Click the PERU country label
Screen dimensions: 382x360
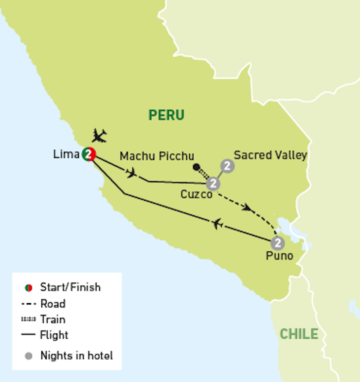coord(167,115)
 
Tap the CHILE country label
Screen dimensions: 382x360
coord(299,334)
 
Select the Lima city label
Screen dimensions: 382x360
coord(67,155)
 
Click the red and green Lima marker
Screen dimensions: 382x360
coord(89,155)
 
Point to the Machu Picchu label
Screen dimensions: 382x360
coord(157,156)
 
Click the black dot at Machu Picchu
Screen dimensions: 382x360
coord(196,168)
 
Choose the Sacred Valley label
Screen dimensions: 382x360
coord(270,155)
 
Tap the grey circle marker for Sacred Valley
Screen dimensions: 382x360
coord(227,166)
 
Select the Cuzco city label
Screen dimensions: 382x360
coord(196,194)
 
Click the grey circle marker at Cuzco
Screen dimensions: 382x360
coord(213,184)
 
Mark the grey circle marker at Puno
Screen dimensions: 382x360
coord(277,242)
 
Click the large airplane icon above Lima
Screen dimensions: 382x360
coord(99,136)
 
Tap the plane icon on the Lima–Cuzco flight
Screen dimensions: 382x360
coord(131,173)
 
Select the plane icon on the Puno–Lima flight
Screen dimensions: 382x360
coord(217,224)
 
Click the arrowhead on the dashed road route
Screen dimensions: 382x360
coord(248,207)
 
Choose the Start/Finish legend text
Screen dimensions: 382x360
coord(70,287)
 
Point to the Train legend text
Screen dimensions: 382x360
coord(53,319)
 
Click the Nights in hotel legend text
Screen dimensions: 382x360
coord(76,355)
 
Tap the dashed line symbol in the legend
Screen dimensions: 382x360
coord(29,304)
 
